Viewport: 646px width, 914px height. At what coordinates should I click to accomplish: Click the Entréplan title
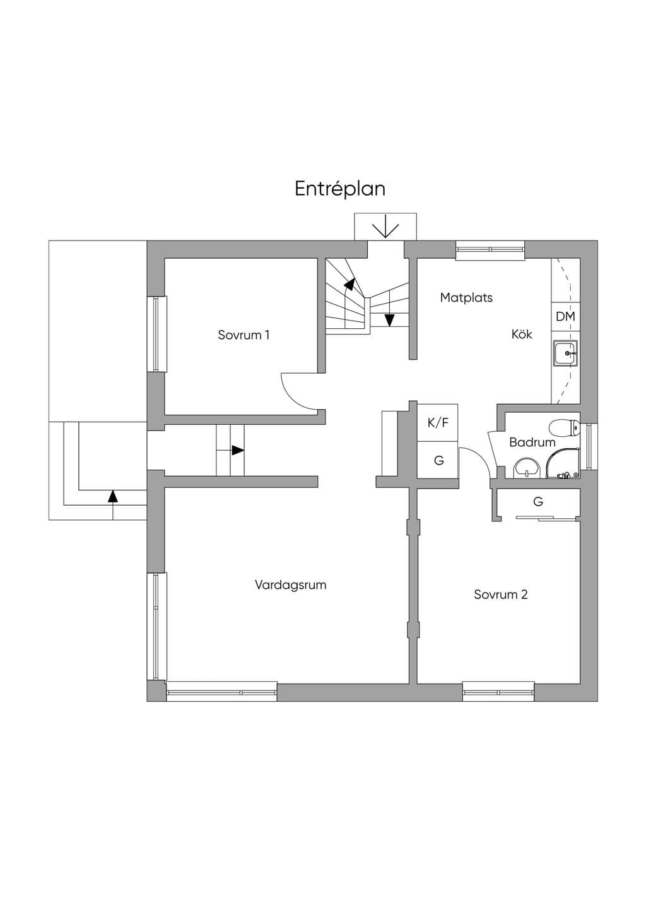click(x=340, y=189)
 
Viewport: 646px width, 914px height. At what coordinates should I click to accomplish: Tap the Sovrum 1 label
click(x=244, y=335)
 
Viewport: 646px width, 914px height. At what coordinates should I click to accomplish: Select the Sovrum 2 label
click(x=500, y=595)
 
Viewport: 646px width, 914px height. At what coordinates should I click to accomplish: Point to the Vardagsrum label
click(x=290, y=585)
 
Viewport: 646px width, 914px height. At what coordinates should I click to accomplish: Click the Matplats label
click(x=466, y=297)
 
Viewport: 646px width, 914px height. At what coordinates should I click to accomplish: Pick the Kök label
click(x=522, y=334)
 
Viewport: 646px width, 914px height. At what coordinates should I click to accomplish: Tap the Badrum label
click(x=532, y=442)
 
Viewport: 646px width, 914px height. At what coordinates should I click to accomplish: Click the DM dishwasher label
click(x=565, y=316)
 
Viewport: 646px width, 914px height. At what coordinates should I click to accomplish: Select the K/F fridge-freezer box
click(x=437, y=423)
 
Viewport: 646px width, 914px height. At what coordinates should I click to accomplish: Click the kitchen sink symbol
click(x=565, y=353)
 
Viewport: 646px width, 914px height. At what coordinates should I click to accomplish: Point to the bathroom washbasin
click(x=526, y=468)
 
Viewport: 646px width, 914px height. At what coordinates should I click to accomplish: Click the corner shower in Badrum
click(x=563, y=461)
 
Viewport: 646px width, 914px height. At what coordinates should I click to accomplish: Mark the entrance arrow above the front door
click(x=385, y=230)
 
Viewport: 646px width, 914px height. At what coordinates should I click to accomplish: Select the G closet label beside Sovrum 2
click(x=538, y=501)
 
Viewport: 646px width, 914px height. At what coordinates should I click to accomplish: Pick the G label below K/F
click(x=439, y=460)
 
